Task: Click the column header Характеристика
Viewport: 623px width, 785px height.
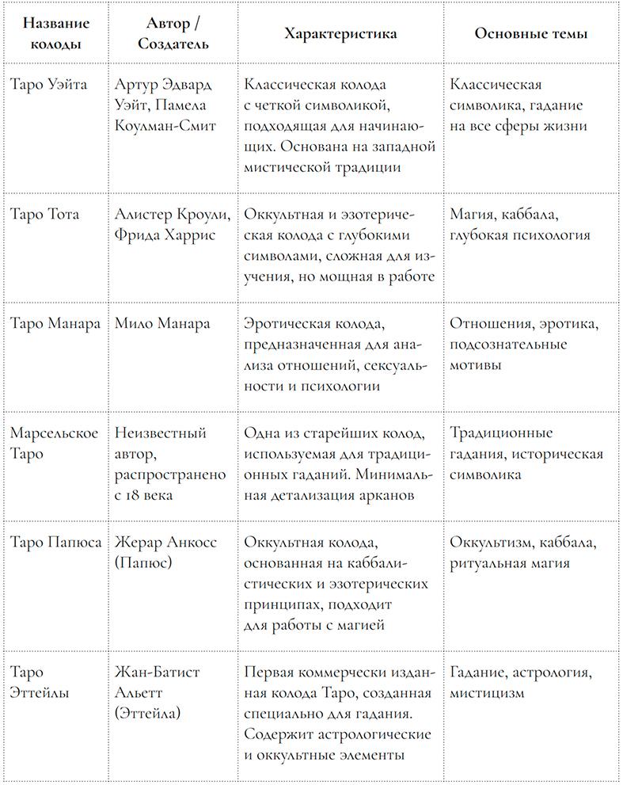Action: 340,35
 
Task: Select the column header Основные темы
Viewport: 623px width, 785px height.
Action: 530,35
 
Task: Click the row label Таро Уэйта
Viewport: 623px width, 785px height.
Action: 48,85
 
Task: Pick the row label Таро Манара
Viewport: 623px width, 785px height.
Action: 55,324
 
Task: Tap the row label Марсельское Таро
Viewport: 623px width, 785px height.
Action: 54,443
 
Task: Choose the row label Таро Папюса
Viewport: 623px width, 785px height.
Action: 55,543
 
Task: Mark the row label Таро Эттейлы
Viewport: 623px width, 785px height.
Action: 40,682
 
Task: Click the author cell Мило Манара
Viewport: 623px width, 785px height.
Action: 162,324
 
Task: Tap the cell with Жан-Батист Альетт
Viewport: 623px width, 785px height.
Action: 157,682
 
